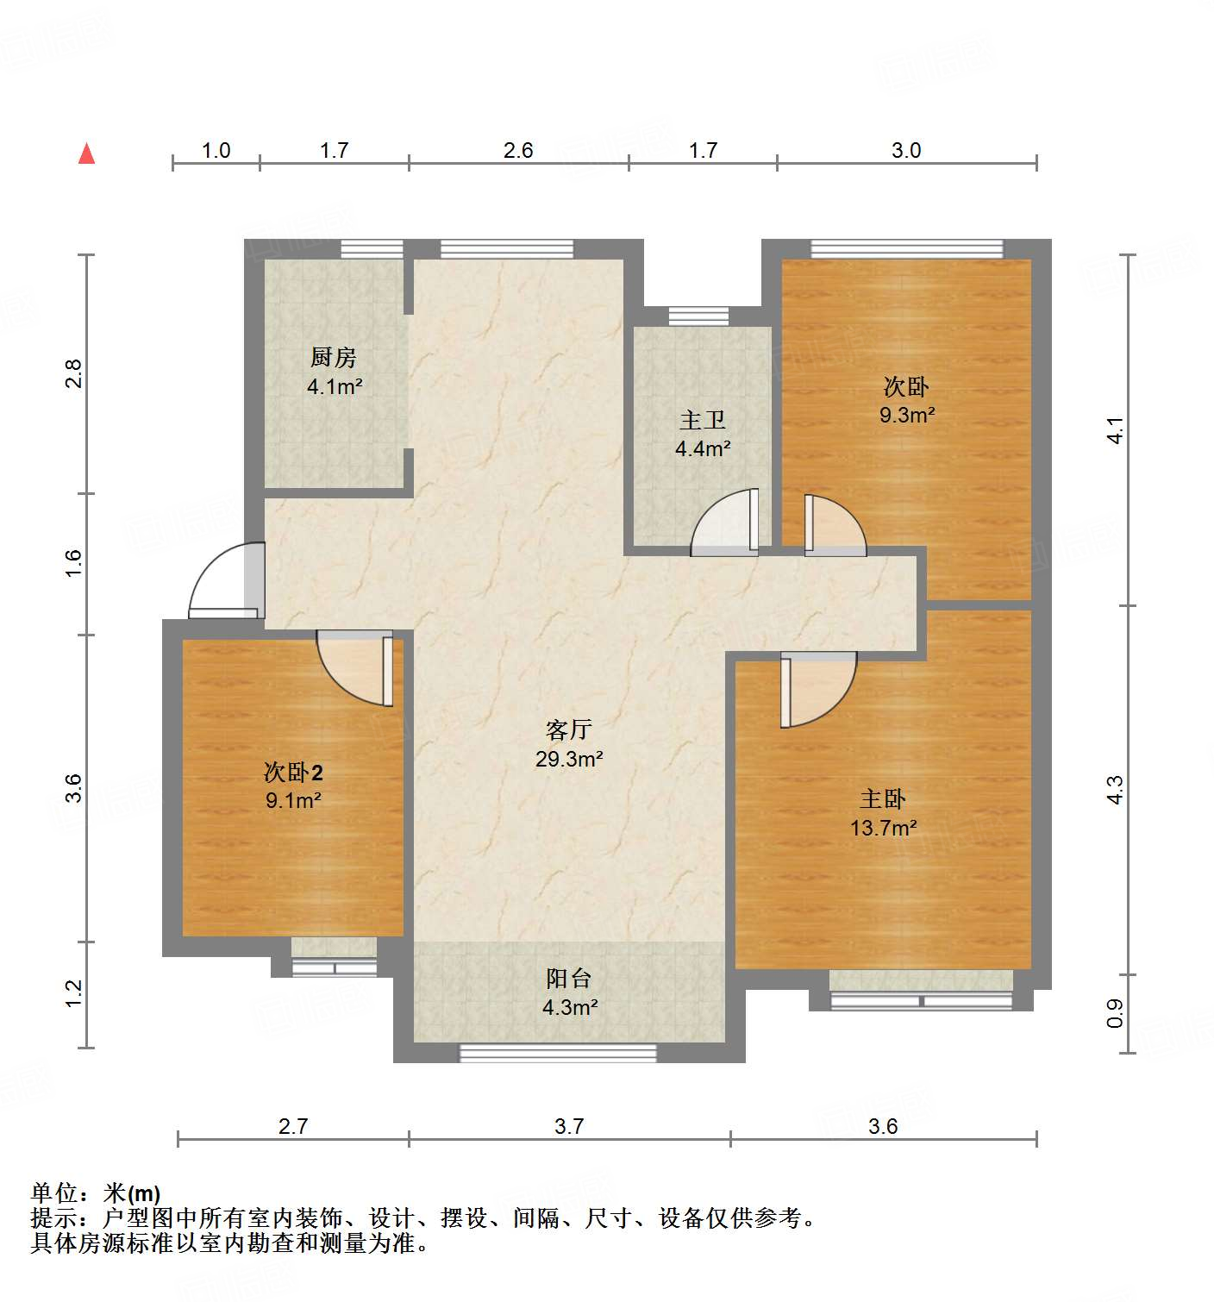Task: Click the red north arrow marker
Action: tap(86, 153)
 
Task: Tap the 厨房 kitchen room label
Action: tap(333, 356)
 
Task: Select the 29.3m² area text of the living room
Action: tap(569, 759)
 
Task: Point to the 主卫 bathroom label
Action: tap(702, 420)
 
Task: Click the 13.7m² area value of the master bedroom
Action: tap(883, 828)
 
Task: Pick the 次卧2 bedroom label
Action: tap(293, 772)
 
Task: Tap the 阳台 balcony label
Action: tap(569, 978)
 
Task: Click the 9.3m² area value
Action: tap(907, 415)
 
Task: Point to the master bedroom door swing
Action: tap(819, 688)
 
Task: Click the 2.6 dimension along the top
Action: tap(518, 150)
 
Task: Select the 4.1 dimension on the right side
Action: tap(1115, 429)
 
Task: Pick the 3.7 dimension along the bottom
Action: tap(569, 1125)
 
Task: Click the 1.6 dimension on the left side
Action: tap(74, 563)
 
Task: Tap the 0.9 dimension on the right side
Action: tap(1115, 1013)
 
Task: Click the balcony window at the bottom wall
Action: tap(558, 1052)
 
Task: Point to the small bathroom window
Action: tap(698, 316)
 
